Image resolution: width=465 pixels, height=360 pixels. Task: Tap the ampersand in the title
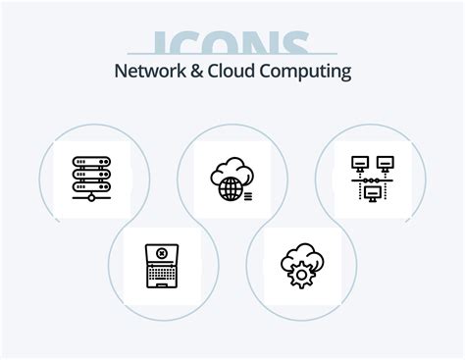[x=205, y=72]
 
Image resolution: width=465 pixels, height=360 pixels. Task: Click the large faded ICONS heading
[x=232, y=45]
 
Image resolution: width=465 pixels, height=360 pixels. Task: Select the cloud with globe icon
[x=232, y=178]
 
